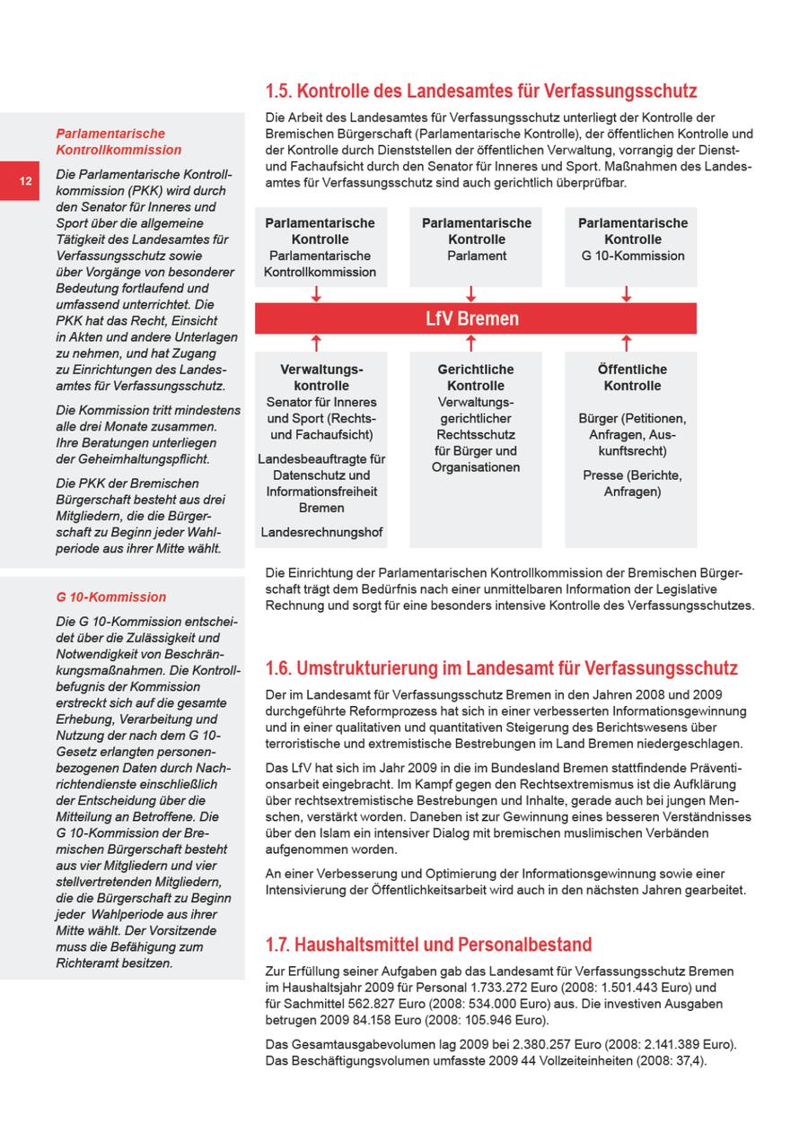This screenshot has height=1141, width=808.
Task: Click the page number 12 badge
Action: click(x=26, y=181)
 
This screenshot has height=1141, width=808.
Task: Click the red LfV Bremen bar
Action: click(x=475, y=318)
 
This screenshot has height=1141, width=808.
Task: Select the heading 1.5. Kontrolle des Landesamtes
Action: click(x=481, y=91)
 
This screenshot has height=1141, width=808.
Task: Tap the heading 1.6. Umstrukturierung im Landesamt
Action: click(x=501, y=668)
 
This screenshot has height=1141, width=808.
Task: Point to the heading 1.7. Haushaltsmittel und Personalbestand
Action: click(x=429, y=945)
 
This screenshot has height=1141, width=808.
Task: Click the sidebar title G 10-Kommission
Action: click(x=111, y=597)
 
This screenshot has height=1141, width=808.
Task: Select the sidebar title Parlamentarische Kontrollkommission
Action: click(x=119, y=142)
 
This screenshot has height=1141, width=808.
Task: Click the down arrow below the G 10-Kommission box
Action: click(x=627, y=294)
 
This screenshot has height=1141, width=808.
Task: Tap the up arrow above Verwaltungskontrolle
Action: click(x=316, y=343)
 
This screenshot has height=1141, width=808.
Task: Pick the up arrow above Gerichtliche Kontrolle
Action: click(x=471, y=343)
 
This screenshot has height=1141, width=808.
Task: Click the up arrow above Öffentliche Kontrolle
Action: click(x=627, y=343)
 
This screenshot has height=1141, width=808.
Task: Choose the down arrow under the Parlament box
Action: click(x=471, y=294)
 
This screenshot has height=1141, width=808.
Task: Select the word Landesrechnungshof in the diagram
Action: click(x=321, y=533)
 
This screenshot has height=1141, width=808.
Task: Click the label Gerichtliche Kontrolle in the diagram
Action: click(x=476, y=378)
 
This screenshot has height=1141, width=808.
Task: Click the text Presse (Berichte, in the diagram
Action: click(x=632, y=475)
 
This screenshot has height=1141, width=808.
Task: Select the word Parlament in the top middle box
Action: click(x=477, y=256)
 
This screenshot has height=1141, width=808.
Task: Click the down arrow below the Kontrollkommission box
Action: click(x=316, y=294)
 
